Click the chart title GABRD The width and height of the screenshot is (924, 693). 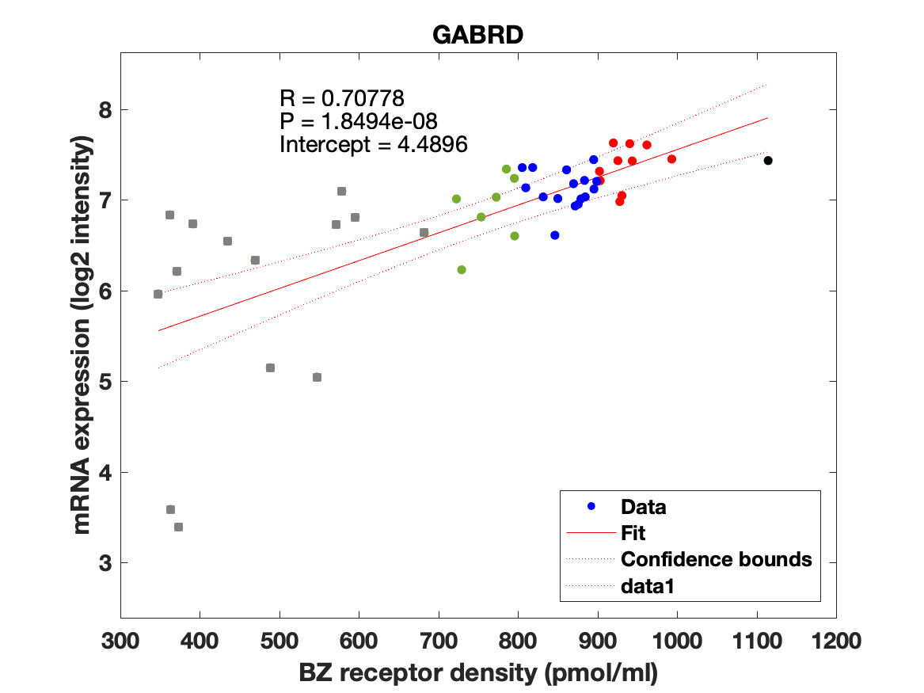[x=477, y=35]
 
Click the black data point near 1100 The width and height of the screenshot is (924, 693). [x=768, y=161]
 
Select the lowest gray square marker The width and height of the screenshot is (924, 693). [x=178, y=527]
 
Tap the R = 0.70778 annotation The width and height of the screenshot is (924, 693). [x=342, y=98]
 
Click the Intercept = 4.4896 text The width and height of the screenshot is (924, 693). [x=374, y=144]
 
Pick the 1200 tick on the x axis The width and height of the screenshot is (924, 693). [x=836, y=640]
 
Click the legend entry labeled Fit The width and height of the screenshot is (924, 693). [x=633, y=533]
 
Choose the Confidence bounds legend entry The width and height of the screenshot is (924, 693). [x=716, y=559]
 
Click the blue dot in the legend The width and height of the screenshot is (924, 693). [x=591, y=507]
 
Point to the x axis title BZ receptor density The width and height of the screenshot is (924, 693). [x=478, y=673]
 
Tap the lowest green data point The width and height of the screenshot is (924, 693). [x=462, y=270]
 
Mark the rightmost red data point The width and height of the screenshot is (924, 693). [x=671, y=159]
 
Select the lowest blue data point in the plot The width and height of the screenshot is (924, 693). [x=555, y=235]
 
